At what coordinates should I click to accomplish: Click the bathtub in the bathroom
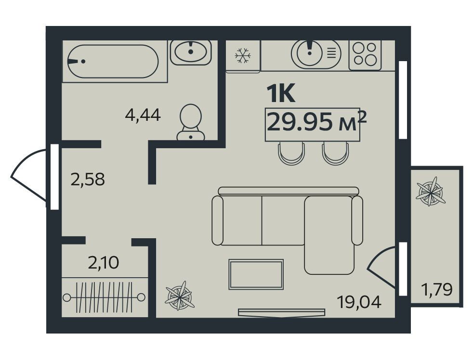click(113, 62)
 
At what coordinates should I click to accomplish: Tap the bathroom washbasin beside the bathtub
click(191, 52)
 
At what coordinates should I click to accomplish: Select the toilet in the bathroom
click(191, 122)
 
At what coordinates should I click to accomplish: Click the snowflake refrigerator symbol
click(243, 56)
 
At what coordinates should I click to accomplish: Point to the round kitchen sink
click(310, 52)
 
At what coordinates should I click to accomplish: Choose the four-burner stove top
click(365, 55)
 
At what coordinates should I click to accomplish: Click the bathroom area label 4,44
click(143, 115)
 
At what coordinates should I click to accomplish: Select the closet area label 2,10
click(104, 262)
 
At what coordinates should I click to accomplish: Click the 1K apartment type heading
click(281, 94)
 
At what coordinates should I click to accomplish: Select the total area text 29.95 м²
click(316, 121)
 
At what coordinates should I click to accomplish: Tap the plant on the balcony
click(431, 192)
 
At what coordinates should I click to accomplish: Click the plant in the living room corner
click(180, 296)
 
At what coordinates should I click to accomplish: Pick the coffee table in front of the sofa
click(256, 274)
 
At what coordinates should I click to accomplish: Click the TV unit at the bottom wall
click(281, 313)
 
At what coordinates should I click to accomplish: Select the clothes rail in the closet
click(104, 297)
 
